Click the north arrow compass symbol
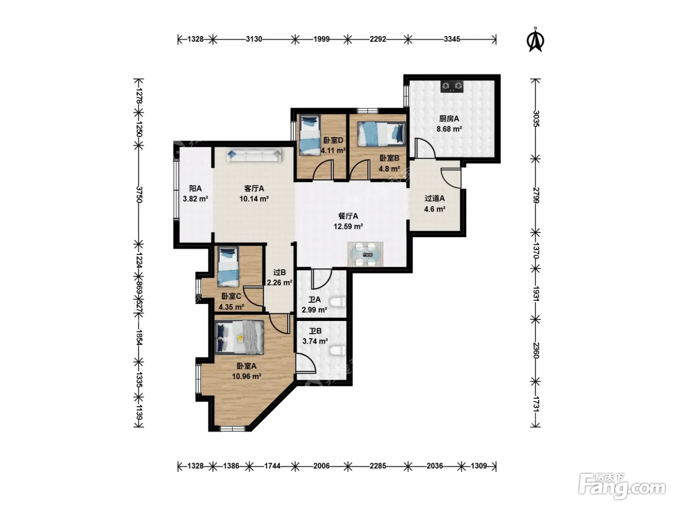[535, 40]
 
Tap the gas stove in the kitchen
[452, 86]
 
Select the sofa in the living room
[254, 155]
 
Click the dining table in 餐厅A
[365, 254]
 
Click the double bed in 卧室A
[239, 337]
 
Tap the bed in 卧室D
[310, 134]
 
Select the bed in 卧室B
[382, 134]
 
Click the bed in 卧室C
[228, 266]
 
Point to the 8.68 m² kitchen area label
[449, 129]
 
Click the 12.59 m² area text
[348, 226]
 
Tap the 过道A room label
[434, 199]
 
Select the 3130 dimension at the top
[254, 39]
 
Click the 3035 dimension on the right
[536, 119]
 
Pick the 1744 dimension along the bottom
[272, 466]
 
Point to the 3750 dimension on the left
[139, 195]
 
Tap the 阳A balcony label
[195, 188]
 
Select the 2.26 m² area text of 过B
[279, 283]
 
